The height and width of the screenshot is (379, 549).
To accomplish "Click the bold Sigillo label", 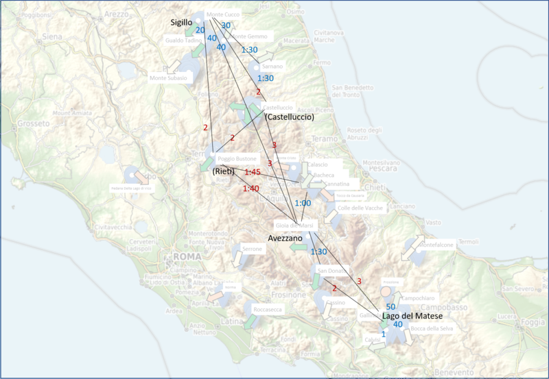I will [181, 23].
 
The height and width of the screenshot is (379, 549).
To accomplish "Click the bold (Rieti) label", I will [224, 171].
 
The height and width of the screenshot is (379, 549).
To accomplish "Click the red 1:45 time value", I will [253, 172].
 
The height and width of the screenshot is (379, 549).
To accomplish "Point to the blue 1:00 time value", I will [303, 204].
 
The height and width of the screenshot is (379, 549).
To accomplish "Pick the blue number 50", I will [390, 306].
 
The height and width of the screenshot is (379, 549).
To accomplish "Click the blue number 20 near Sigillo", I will [200, 30].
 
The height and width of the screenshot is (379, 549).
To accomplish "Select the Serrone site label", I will [253, 249].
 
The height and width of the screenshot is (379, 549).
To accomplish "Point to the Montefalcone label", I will [436, 244].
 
